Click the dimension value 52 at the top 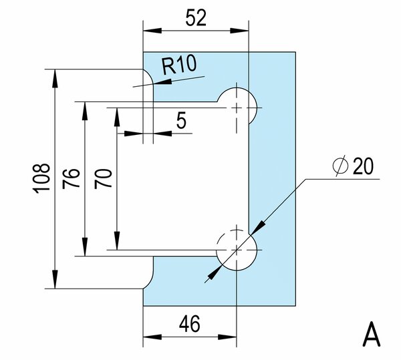click(195, 17)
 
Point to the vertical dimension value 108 click(41, 178)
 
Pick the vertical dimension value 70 click(102, 178)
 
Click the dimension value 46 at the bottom click(190, 326)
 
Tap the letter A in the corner click(372, 334)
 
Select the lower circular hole click(237, 249)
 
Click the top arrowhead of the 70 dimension click(116, 112)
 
